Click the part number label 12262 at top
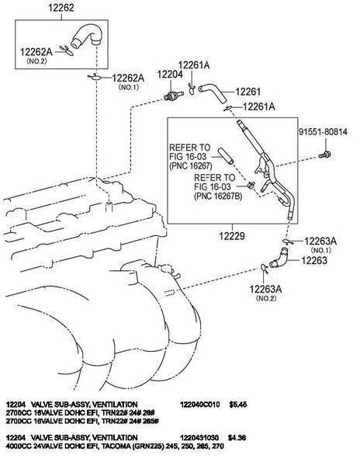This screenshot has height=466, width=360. click(x=61, y=8)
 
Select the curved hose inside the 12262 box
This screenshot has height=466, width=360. click(x=86, y=35)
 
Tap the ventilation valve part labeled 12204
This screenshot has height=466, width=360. click(x=174, y=96)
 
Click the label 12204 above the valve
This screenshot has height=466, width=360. click(x=170, y=75)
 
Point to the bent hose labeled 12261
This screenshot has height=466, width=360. click(x=213, y=92)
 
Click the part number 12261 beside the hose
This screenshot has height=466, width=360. click(x=248, y=92)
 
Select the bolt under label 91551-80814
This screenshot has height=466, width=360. click(x=325, y=155)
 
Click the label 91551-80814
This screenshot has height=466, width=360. click(x=323, y=132)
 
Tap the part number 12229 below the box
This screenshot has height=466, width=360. click(x=232, y=236)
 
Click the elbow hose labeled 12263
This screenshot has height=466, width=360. click(x=279, y=259)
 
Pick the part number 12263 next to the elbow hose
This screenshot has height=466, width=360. click(x=314, y=260)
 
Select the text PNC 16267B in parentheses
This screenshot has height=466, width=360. click(x=218, y=196)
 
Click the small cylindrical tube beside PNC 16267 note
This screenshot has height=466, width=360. click(x=226, y=155)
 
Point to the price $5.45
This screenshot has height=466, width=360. click(x=238, y=405)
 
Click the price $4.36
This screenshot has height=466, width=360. click(x=237, y=437)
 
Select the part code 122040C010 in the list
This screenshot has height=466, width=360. click(x=199, y=405)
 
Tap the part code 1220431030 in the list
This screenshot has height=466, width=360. click(x=199, y=437)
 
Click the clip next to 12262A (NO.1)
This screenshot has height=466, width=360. click(x=95, y=77)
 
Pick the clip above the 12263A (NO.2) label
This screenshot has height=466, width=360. click(x=265, y=268)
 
